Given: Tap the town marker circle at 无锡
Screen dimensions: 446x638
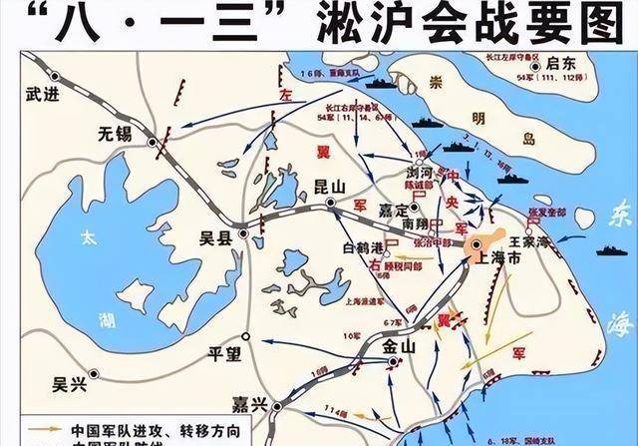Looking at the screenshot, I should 152,144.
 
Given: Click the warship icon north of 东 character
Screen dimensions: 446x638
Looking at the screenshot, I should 610,249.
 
